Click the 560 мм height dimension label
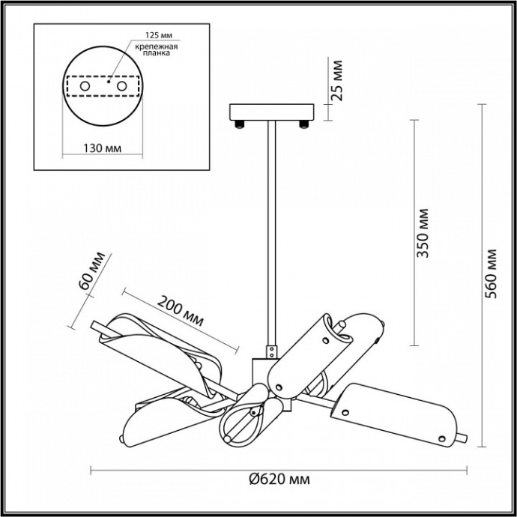(491, 273)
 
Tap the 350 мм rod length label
(423, 233)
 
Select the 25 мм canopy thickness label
(336, 80)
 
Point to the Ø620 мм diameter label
(279, 479)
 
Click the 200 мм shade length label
(180, 310)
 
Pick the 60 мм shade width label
(93, 270)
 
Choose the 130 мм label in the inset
(102, 148)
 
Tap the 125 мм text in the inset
(159, 35)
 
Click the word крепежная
(157, 46)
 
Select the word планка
(157, 53)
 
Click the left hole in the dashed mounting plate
(85, 86)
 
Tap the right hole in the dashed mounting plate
(121, 86)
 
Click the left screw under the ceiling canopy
(240, 124)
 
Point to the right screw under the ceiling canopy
(303, 124)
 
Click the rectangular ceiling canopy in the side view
(272, 112)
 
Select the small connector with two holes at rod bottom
(272, 351)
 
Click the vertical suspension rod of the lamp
(272, 233)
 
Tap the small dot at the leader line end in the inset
(109, 82)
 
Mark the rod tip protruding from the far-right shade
(462, 438)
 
